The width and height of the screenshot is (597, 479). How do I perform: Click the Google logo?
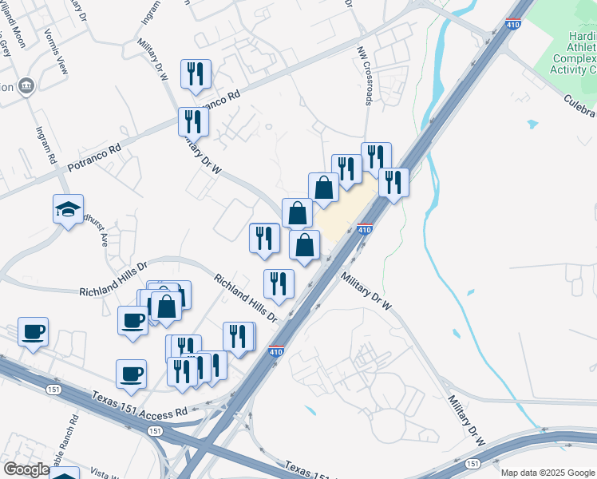tap(27, 469)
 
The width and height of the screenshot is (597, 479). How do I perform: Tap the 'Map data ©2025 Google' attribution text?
tap(548, 473)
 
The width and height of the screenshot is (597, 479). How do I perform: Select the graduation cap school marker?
tap(69, 210)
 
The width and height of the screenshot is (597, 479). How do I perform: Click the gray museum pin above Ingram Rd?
tap(26, 85)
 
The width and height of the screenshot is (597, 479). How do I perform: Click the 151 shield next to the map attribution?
tap(472, 463)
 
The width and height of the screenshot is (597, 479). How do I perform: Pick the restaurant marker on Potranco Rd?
tap(193, 121)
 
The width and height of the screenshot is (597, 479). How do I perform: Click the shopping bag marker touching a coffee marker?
tap(167, 307)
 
